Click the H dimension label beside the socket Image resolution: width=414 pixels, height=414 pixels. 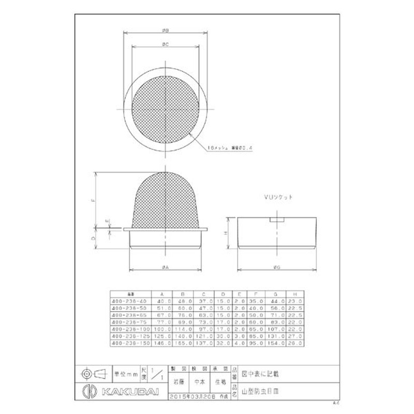click(x=226, y=233)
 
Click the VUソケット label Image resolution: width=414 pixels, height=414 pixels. click(x=277, y=198)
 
